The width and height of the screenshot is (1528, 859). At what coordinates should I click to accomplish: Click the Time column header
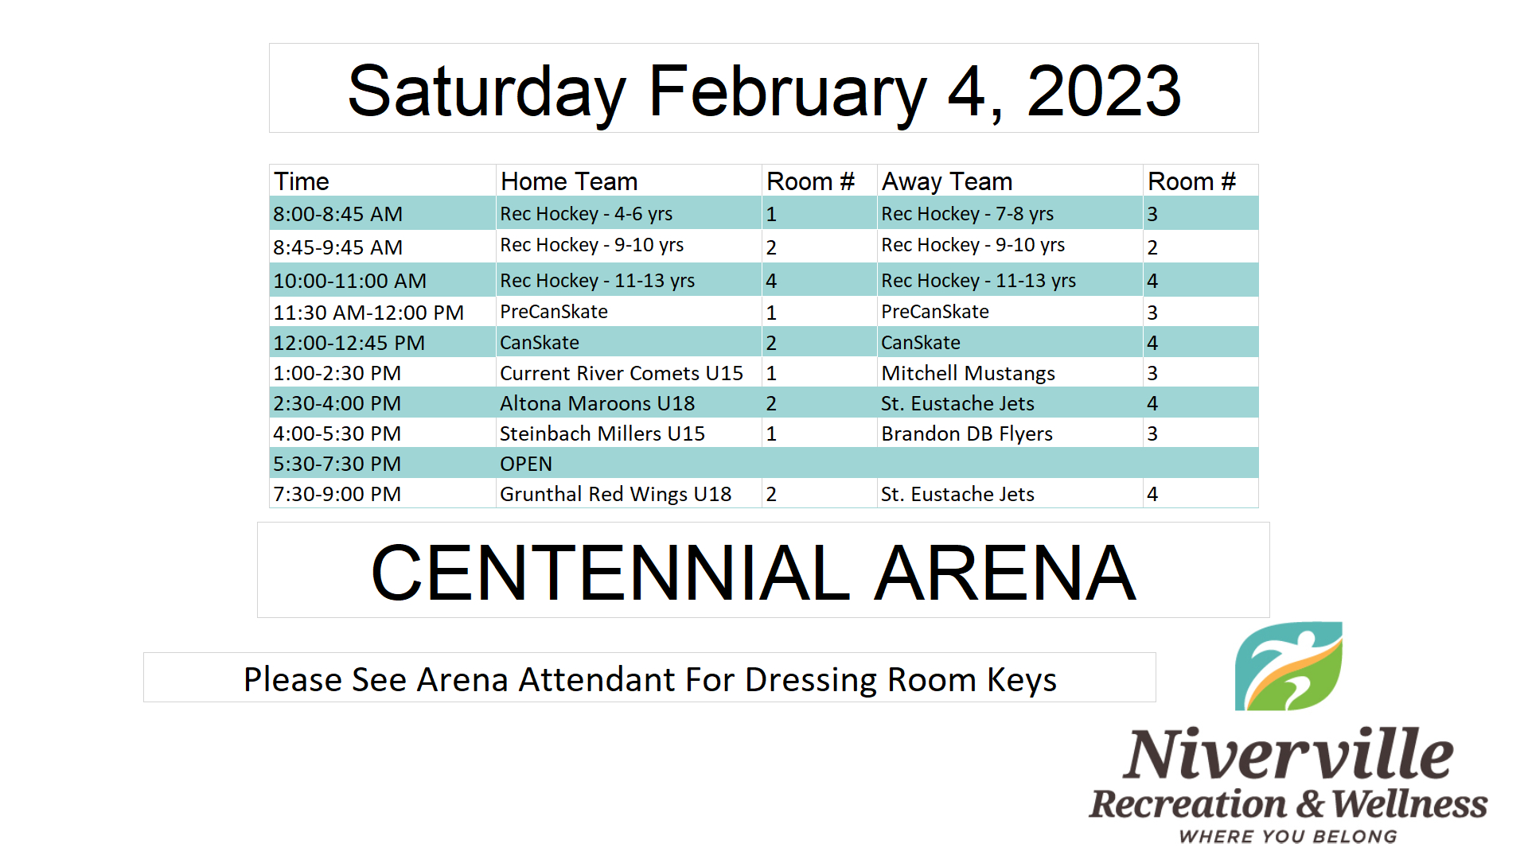[301, 181]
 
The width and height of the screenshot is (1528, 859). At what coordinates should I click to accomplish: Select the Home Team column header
[569, 181]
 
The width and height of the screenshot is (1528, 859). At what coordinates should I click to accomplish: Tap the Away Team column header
[947, 182]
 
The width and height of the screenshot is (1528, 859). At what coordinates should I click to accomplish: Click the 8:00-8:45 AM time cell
[337, 214]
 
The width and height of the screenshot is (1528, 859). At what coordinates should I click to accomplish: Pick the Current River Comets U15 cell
[622, 373]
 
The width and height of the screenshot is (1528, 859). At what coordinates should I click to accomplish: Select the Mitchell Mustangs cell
[968, 373]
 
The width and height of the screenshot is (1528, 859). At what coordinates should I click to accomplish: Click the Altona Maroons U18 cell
[597, 403]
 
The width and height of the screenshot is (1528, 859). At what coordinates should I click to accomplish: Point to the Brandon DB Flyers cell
[967, 433]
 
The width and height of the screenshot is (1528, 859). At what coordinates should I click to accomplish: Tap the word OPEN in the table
[526, 464]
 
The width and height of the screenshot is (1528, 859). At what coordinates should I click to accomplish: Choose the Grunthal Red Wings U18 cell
[615, 494]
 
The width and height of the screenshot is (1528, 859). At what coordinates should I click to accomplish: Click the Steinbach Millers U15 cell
[602, 433]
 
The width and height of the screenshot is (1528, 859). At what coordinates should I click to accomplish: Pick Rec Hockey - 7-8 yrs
[967, 214]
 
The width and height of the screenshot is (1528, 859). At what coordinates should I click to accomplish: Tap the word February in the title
[788, 92]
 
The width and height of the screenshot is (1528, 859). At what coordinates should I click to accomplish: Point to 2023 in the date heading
[1104, 91]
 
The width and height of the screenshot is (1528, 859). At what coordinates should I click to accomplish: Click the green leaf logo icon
[1288, 667]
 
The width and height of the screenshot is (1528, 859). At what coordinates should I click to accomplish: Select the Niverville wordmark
[1288, 753]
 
